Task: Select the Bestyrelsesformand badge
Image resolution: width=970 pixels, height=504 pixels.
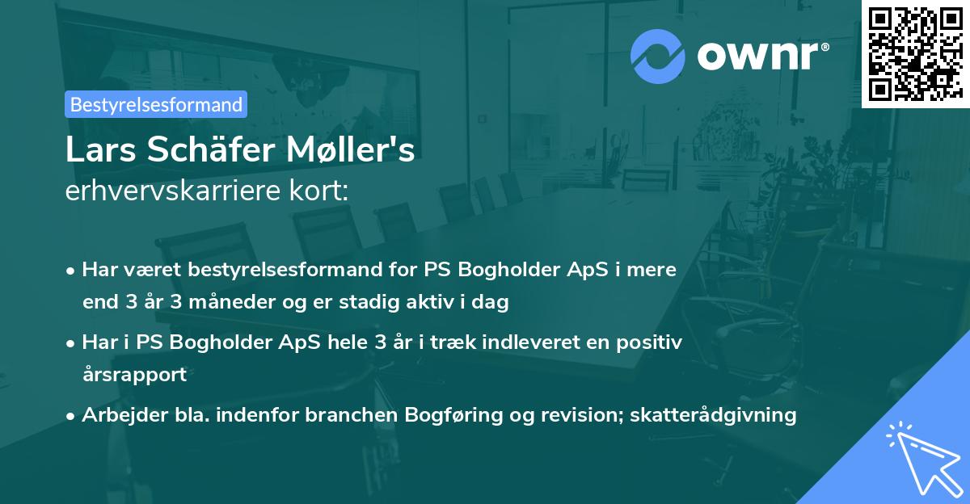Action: click(x=156, y=104)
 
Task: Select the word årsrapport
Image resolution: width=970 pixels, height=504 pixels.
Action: click(x=134, y=374)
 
